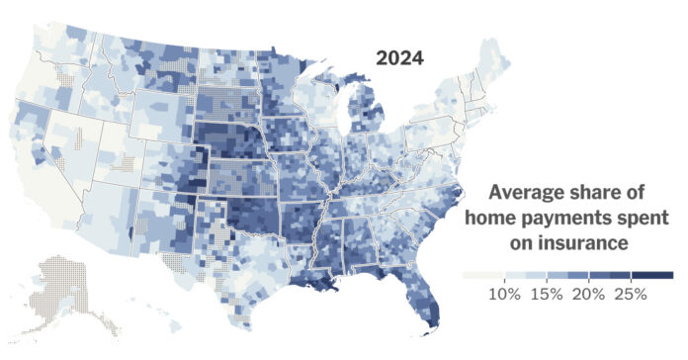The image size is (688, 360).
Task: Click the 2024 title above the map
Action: [399, 58]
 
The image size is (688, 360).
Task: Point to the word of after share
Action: [662, 192]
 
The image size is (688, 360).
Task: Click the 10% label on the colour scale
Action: [504, 294]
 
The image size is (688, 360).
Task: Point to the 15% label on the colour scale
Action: [546, 294]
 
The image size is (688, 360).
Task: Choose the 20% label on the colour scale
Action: [588, 294]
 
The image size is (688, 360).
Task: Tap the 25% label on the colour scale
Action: [630, 294]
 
